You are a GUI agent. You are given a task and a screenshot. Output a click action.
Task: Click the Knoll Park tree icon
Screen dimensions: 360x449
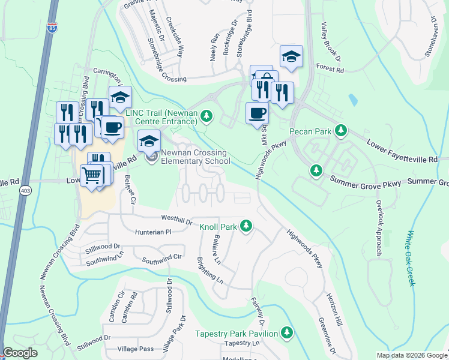(x=245, y=226)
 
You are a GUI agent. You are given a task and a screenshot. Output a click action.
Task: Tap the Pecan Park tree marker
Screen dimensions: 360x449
(x=341, y=130)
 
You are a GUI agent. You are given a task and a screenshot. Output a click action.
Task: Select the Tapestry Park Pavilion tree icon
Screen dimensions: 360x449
(x=287, y=332)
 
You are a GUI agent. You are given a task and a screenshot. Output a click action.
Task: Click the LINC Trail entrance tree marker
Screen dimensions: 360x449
(x=206, y=115)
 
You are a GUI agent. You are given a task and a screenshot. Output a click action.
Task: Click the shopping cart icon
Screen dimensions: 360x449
(x=92, y=176)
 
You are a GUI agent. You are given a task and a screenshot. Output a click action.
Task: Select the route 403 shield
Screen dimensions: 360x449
(x=25, y=190)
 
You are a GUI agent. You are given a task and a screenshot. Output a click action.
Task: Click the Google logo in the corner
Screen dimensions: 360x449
(x=20, y=353)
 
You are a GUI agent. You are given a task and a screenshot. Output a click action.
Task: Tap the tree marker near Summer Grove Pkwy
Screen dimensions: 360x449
(x=316, y=171)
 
